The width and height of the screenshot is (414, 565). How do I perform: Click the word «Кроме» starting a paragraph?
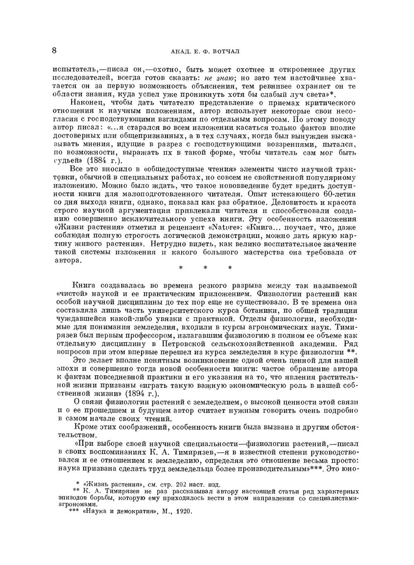85,427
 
